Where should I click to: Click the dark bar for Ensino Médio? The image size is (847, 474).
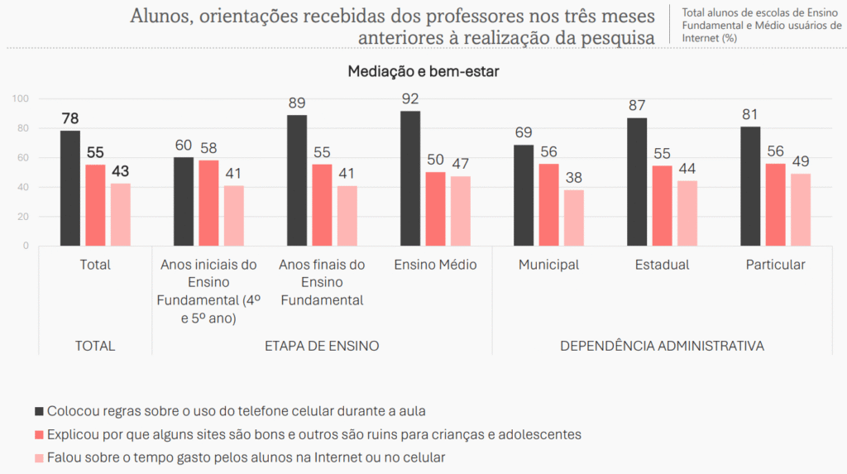tap(410, 179)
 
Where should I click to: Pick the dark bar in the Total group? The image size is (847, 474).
tap(70, 189)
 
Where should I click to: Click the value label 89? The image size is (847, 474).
tap(297, 103)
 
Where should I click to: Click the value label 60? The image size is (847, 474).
tap(184, 146)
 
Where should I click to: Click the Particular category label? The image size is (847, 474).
tap(775, 265)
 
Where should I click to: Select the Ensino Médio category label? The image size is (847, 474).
tap(435, 265)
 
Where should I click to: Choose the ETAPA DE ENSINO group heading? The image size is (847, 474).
tap(323, 346)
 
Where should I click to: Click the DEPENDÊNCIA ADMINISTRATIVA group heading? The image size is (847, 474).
tap(662, 346)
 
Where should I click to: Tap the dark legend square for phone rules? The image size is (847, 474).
tap(38, 410)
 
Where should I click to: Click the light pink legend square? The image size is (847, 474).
tap(38, 457)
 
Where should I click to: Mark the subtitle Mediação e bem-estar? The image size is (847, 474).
tap(423, 72)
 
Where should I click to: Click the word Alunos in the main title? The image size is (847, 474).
tap(158, 16)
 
